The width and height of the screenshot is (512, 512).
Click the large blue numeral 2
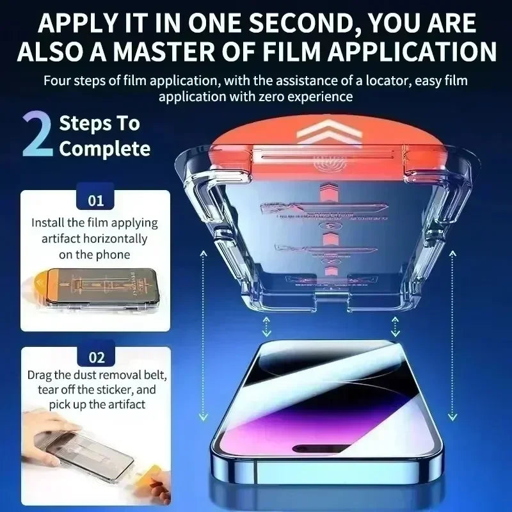(x=36, y=135)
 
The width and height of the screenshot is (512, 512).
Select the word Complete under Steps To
(x=105, y=149)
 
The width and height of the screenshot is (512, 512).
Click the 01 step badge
(x=95, y=200)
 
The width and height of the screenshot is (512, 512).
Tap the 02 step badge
(x=95, y=356)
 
